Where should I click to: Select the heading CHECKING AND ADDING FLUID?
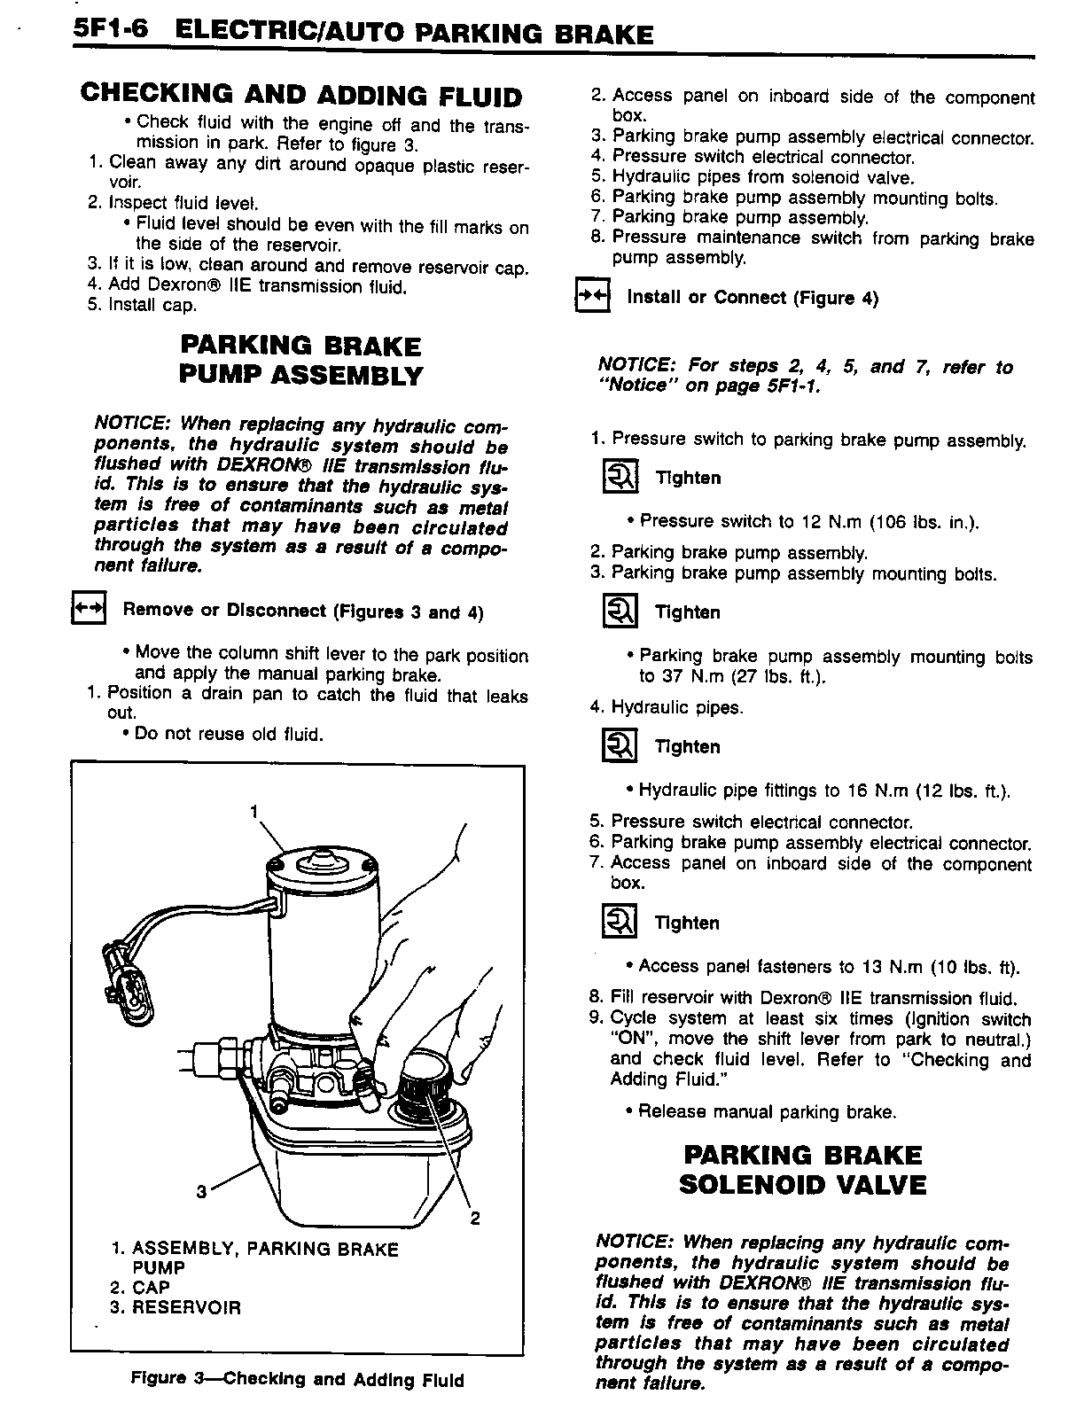pos(301,95)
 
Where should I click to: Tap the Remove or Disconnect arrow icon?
pos(88,610)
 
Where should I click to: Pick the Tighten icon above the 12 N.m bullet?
pos(619,478)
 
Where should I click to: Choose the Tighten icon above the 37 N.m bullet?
pos(619,612)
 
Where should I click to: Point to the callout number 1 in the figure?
pos(254,811)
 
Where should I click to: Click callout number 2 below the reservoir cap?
pos(474,1219)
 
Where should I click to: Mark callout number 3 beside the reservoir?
pos(201,1191)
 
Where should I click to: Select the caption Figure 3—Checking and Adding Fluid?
pos(298,1380)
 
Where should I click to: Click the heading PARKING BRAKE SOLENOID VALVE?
pos(802,1170)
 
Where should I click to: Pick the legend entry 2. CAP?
pos(151,1287)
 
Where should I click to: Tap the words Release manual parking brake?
pos(768,1111)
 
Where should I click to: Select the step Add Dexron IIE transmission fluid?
pos(257,286)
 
